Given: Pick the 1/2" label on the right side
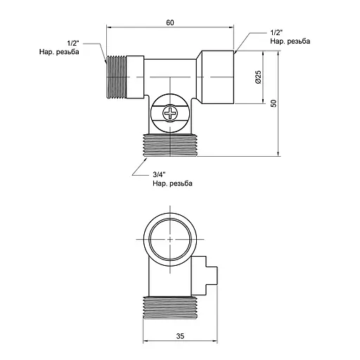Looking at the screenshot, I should click(x=277, y=32).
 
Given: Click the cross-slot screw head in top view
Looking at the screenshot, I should click(x=173, y=113).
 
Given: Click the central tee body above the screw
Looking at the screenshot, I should click(x=173, y=74).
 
